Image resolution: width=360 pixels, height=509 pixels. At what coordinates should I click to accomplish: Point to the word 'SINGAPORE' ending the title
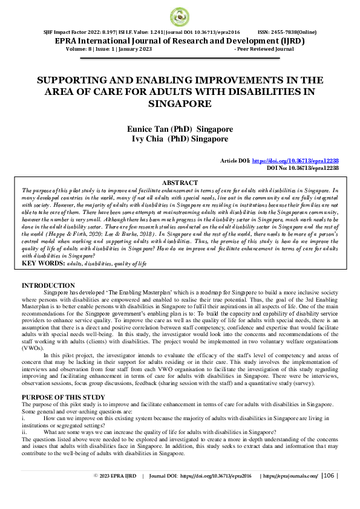pyautogui.click(x=180, y=103)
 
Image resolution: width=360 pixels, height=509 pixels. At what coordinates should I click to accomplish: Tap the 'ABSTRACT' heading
pyautogui.click(x=180, y=183)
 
